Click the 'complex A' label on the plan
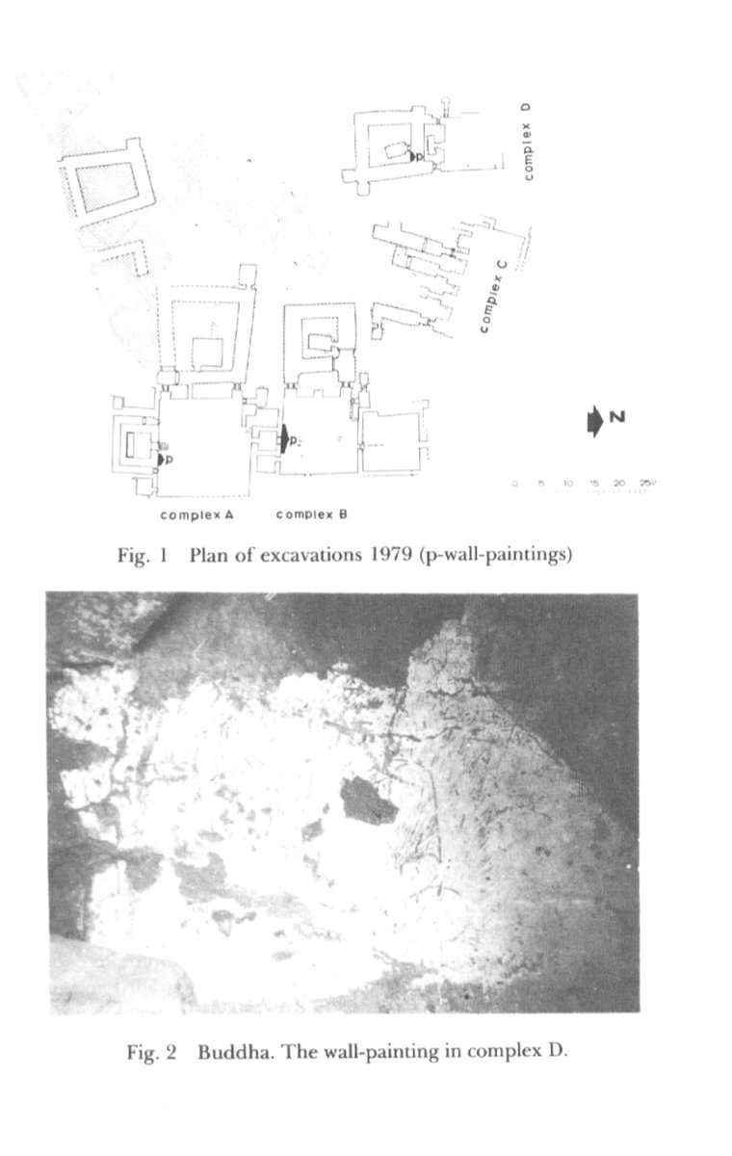tap(196, 514)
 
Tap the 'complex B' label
tap(311, 514)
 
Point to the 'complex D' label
tap(528, 141)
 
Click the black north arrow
tap(594, 421)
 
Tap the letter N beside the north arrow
tap(618, 416)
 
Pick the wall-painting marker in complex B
tap(285, 439)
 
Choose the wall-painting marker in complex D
tap(411, 154)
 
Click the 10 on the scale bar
tap(568, 483)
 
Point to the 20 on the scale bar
tap(619, 483)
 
